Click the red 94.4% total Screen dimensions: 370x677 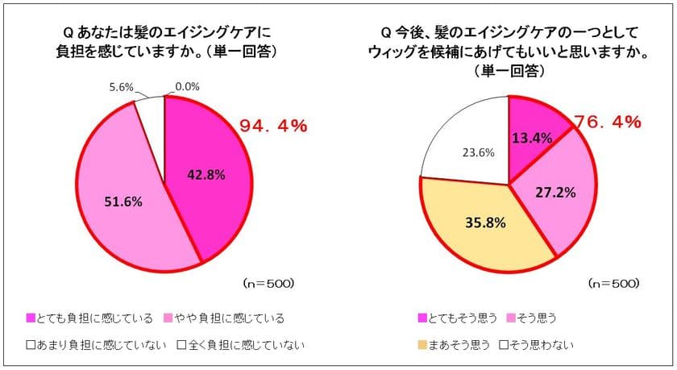click(x=274, y=127)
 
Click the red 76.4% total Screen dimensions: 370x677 click(x=608, y=123)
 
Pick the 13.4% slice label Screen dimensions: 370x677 click(x=532, y=138)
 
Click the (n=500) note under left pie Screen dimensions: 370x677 click(x=269, y=284)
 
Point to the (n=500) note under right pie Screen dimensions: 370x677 click(x=613, y=284)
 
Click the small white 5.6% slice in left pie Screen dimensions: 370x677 click(x=151, y=106)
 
